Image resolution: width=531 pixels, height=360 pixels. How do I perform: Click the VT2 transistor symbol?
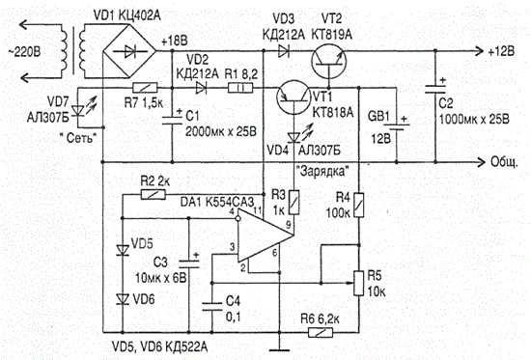click(328, 62)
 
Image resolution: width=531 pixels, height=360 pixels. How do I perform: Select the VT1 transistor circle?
click(293, 97)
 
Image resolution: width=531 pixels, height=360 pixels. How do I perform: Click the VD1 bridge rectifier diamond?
click(129, 52)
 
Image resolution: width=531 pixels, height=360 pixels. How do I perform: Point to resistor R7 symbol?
click(145, 88)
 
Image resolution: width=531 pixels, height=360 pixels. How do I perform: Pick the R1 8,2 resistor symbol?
click(240, 89)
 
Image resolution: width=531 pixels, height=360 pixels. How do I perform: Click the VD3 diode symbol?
click(284, 51)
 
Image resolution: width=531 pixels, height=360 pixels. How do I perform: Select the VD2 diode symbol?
click(201, 89)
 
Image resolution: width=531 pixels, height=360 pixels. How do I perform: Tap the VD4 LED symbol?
click(293, 137)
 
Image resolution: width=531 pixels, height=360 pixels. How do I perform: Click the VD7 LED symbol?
click(78, 111)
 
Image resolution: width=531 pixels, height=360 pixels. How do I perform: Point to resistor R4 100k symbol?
click(359, 206)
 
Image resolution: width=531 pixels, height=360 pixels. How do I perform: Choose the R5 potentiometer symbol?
click(359, 283)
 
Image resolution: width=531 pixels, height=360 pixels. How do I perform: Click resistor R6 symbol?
click(321, 332)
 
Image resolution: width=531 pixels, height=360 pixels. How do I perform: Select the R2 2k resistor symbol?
click(154, 194)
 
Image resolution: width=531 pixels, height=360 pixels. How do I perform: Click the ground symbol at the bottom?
click(280, 349)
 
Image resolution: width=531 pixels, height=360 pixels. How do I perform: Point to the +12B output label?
click(501, 51)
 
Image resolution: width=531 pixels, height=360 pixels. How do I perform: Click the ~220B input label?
click(24, 52)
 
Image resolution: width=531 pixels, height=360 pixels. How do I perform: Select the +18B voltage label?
click(175, 41)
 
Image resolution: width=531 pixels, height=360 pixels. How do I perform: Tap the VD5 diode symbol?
click(123, 250)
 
